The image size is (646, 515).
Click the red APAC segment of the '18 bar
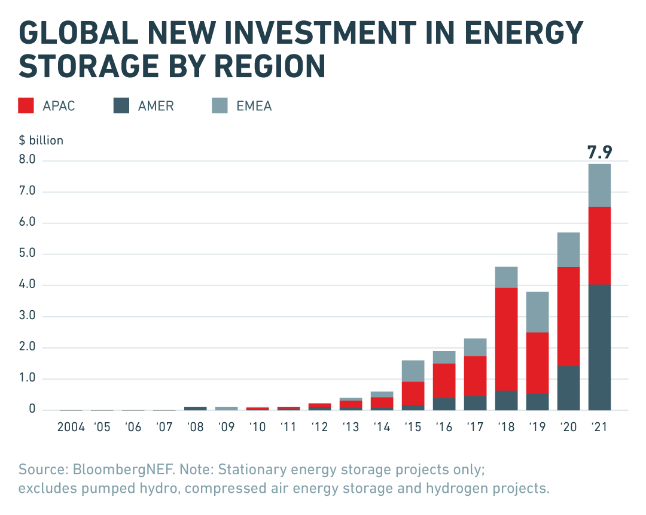[x=506, y=339]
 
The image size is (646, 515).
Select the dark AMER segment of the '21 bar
[x=599, y=347]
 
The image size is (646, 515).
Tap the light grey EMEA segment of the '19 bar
[x=537, y=312]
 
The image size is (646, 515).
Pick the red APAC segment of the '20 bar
[x=568, y=316]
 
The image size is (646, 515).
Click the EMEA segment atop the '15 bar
[x=413, y=371]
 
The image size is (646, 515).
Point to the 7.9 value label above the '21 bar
[x=599, y=152]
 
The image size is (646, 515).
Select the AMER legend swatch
[x=121, y=106]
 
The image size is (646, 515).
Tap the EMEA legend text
[x=254, y=107]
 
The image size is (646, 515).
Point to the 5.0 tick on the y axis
[x=28, y=254]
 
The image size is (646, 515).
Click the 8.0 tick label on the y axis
[x=28, y=160]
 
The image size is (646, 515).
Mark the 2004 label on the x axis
[x=71, y=428]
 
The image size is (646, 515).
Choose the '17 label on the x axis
[x=475, y=428]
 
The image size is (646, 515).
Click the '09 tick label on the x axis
[x=226, y=428]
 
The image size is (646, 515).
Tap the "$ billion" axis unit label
[x=41, y=141]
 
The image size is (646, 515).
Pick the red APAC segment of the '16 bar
[x=444, y=380]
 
